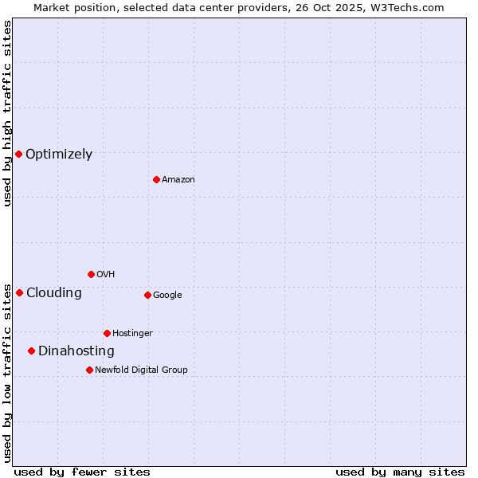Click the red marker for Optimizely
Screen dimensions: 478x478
point(18,154)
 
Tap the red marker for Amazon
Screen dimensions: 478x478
point(156,179)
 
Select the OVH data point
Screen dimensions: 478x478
point(91,274)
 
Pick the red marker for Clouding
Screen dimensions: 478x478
point(19,292)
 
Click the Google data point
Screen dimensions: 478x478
point(147,295)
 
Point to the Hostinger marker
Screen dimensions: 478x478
point(107,333)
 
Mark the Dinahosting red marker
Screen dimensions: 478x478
point(31,351)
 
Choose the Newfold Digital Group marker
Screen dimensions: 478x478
point(89,370)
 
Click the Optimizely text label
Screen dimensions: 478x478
point(59,155)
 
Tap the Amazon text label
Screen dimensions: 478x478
point(178,180)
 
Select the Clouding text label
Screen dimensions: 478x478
point(54,293)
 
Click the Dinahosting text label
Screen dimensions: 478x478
point(76,351)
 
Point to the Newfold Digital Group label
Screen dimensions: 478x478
point(142,370)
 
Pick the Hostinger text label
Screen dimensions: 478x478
point(132,333)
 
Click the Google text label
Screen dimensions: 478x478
point(167,296)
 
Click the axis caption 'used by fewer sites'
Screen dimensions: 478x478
point(82,472)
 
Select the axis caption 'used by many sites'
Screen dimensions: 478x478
point(400,472)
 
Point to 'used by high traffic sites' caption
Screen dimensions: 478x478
point(7,113)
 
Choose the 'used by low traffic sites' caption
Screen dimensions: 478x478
point(7,373)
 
